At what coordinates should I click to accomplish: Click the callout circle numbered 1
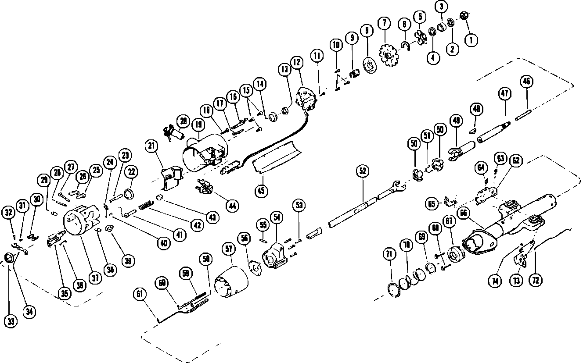tap(472, 41)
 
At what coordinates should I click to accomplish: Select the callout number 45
tap(262, 190)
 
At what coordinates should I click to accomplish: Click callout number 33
tap(10, 321)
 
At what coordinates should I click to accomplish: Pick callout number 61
tap(140, 294)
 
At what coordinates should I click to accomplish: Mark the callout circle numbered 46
tap(526, 82)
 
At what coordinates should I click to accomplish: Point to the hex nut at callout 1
tap(464, 16)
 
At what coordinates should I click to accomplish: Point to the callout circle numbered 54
tap(277, 218)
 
